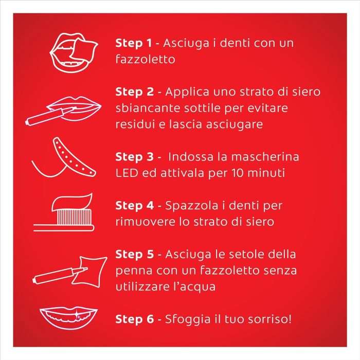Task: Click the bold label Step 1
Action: pyautogui.click(x=133, y=43)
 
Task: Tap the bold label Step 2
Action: pyautogui.click(x=134, y=92)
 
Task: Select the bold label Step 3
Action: pyautogui.click(x=134, y=157)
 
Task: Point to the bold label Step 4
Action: pyautogui.click(x=134, y=206)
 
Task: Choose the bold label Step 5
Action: pyautogui.click(x=134, y=254)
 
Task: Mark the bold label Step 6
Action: pyautogui.click(x=134, y=319)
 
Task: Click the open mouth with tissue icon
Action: pyautogui.click(x=74, y=52)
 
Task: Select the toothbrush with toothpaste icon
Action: pyautogui.click(x=64, y=212)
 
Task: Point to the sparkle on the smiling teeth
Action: pyautogui.click(x=78, y=316)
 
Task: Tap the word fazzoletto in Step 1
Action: pyautogui.click(x=146, y=59)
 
